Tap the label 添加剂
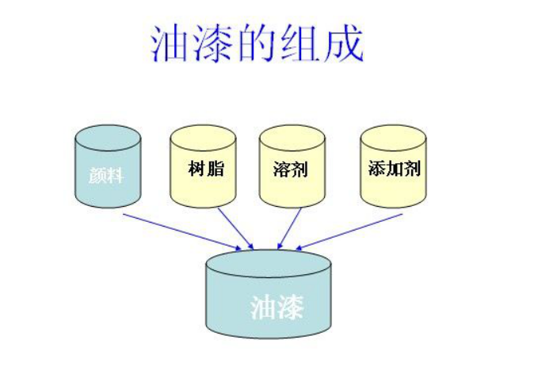point(393,169)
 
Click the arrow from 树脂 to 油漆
point(235,227)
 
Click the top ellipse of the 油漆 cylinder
point(268,264)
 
